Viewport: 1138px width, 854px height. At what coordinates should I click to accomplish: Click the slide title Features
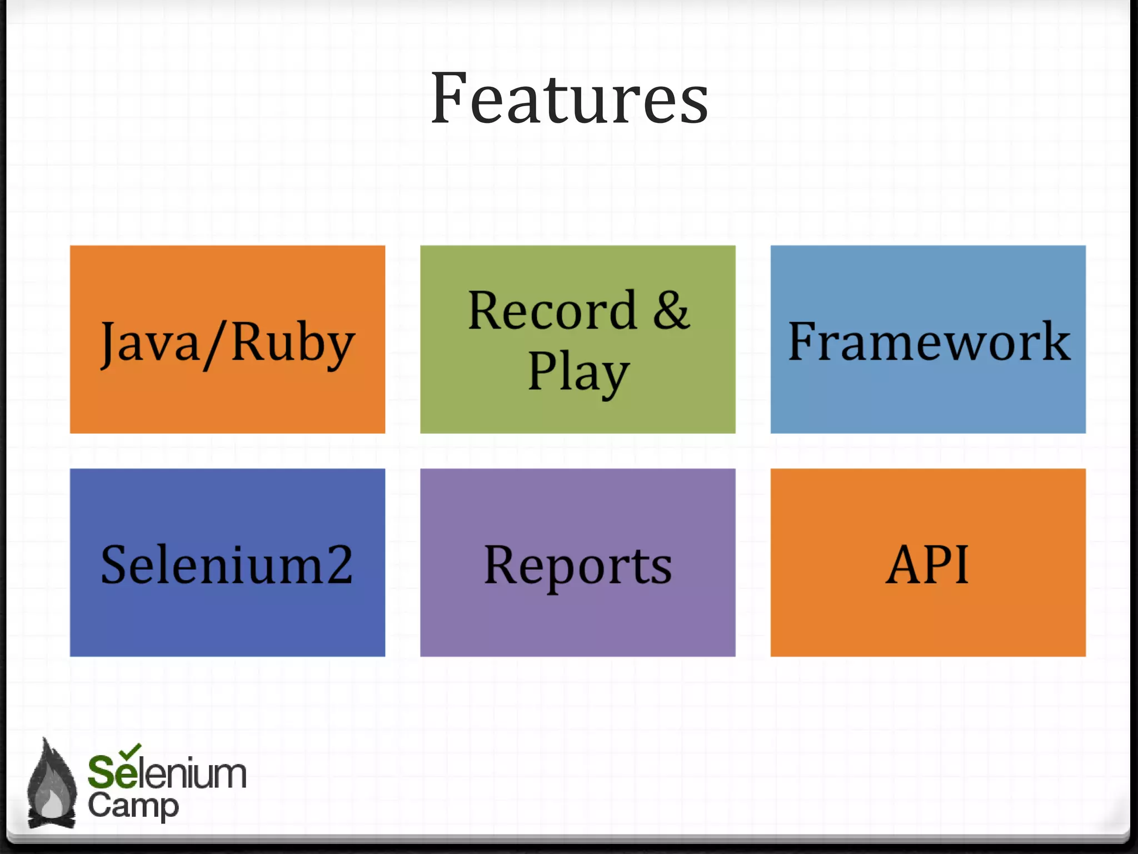click(x=569, y=99)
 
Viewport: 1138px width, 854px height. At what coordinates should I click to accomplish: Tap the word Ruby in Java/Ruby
click(x=293, y=342)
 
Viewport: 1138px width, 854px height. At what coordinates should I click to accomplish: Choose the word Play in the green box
click(x=578, y=373)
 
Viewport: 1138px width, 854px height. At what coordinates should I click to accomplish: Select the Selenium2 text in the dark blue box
click(x=227, y=564)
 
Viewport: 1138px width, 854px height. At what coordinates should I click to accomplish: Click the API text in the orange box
click(x=927, y=564)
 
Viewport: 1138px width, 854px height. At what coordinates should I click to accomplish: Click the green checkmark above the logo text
click(x=131, y=751)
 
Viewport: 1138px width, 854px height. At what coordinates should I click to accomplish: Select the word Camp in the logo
click(x=133, y=806)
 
